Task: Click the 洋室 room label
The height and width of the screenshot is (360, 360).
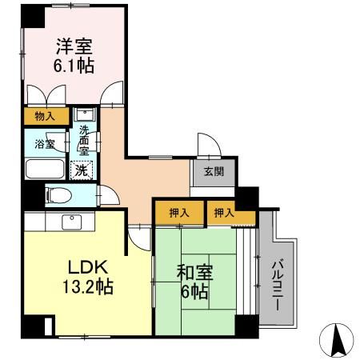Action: (x=74, y=46)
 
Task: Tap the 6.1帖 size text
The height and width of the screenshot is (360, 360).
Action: (x=74, y=66)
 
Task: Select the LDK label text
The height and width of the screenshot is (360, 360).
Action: (x=88, y=267)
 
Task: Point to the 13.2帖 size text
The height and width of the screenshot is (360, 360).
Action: (x=88, y=286)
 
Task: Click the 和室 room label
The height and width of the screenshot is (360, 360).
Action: (x=195, y=273)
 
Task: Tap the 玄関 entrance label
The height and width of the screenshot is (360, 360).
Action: (x=214, y=171)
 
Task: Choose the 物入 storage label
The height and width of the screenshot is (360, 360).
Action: (x=45, y=116)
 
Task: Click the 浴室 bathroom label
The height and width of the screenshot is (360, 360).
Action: (x=45, y=144)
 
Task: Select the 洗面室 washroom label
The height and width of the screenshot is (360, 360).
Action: (x=84, y=140)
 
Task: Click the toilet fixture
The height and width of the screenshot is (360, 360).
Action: (x=58, y=195)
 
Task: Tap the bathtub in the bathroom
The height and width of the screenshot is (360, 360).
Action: (x=45, y=169)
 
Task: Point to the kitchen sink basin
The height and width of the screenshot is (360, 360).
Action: (x=72, y=222)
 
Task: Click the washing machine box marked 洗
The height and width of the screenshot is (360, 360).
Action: (x=82, y=170)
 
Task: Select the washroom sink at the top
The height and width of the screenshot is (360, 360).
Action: (x=85, y=114)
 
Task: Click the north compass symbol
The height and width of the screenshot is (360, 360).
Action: (x=337, y=340)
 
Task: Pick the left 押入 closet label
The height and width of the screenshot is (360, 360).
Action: (x=179, y=213)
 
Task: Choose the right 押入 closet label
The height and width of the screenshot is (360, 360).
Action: (x=225, y=213)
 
